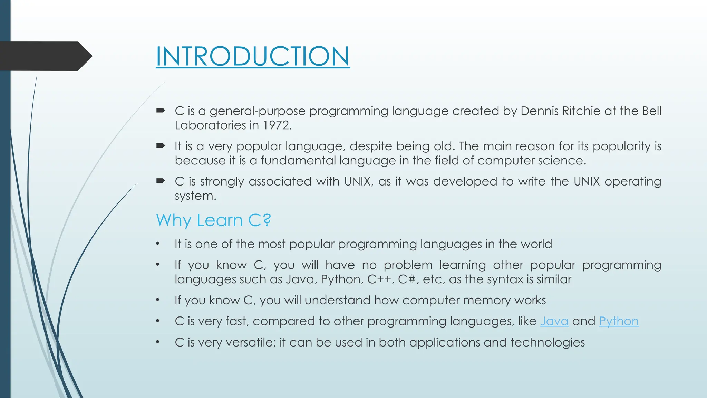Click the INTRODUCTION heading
[253, 56]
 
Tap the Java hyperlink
[554, 321]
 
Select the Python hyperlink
[619, 321]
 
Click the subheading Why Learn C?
[213, 220]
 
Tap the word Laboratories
[210, 125]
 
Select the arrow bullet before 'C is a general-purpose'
[161, 111]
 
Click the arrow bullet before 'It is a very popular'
[161, 146]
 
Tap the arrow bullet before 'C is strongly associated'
[161, 181]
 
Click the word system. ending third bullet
[195, 196]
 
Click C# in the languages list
[407, 279]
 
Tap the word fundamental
[298, 160]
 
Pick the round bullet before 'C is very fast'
[157, 321]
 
